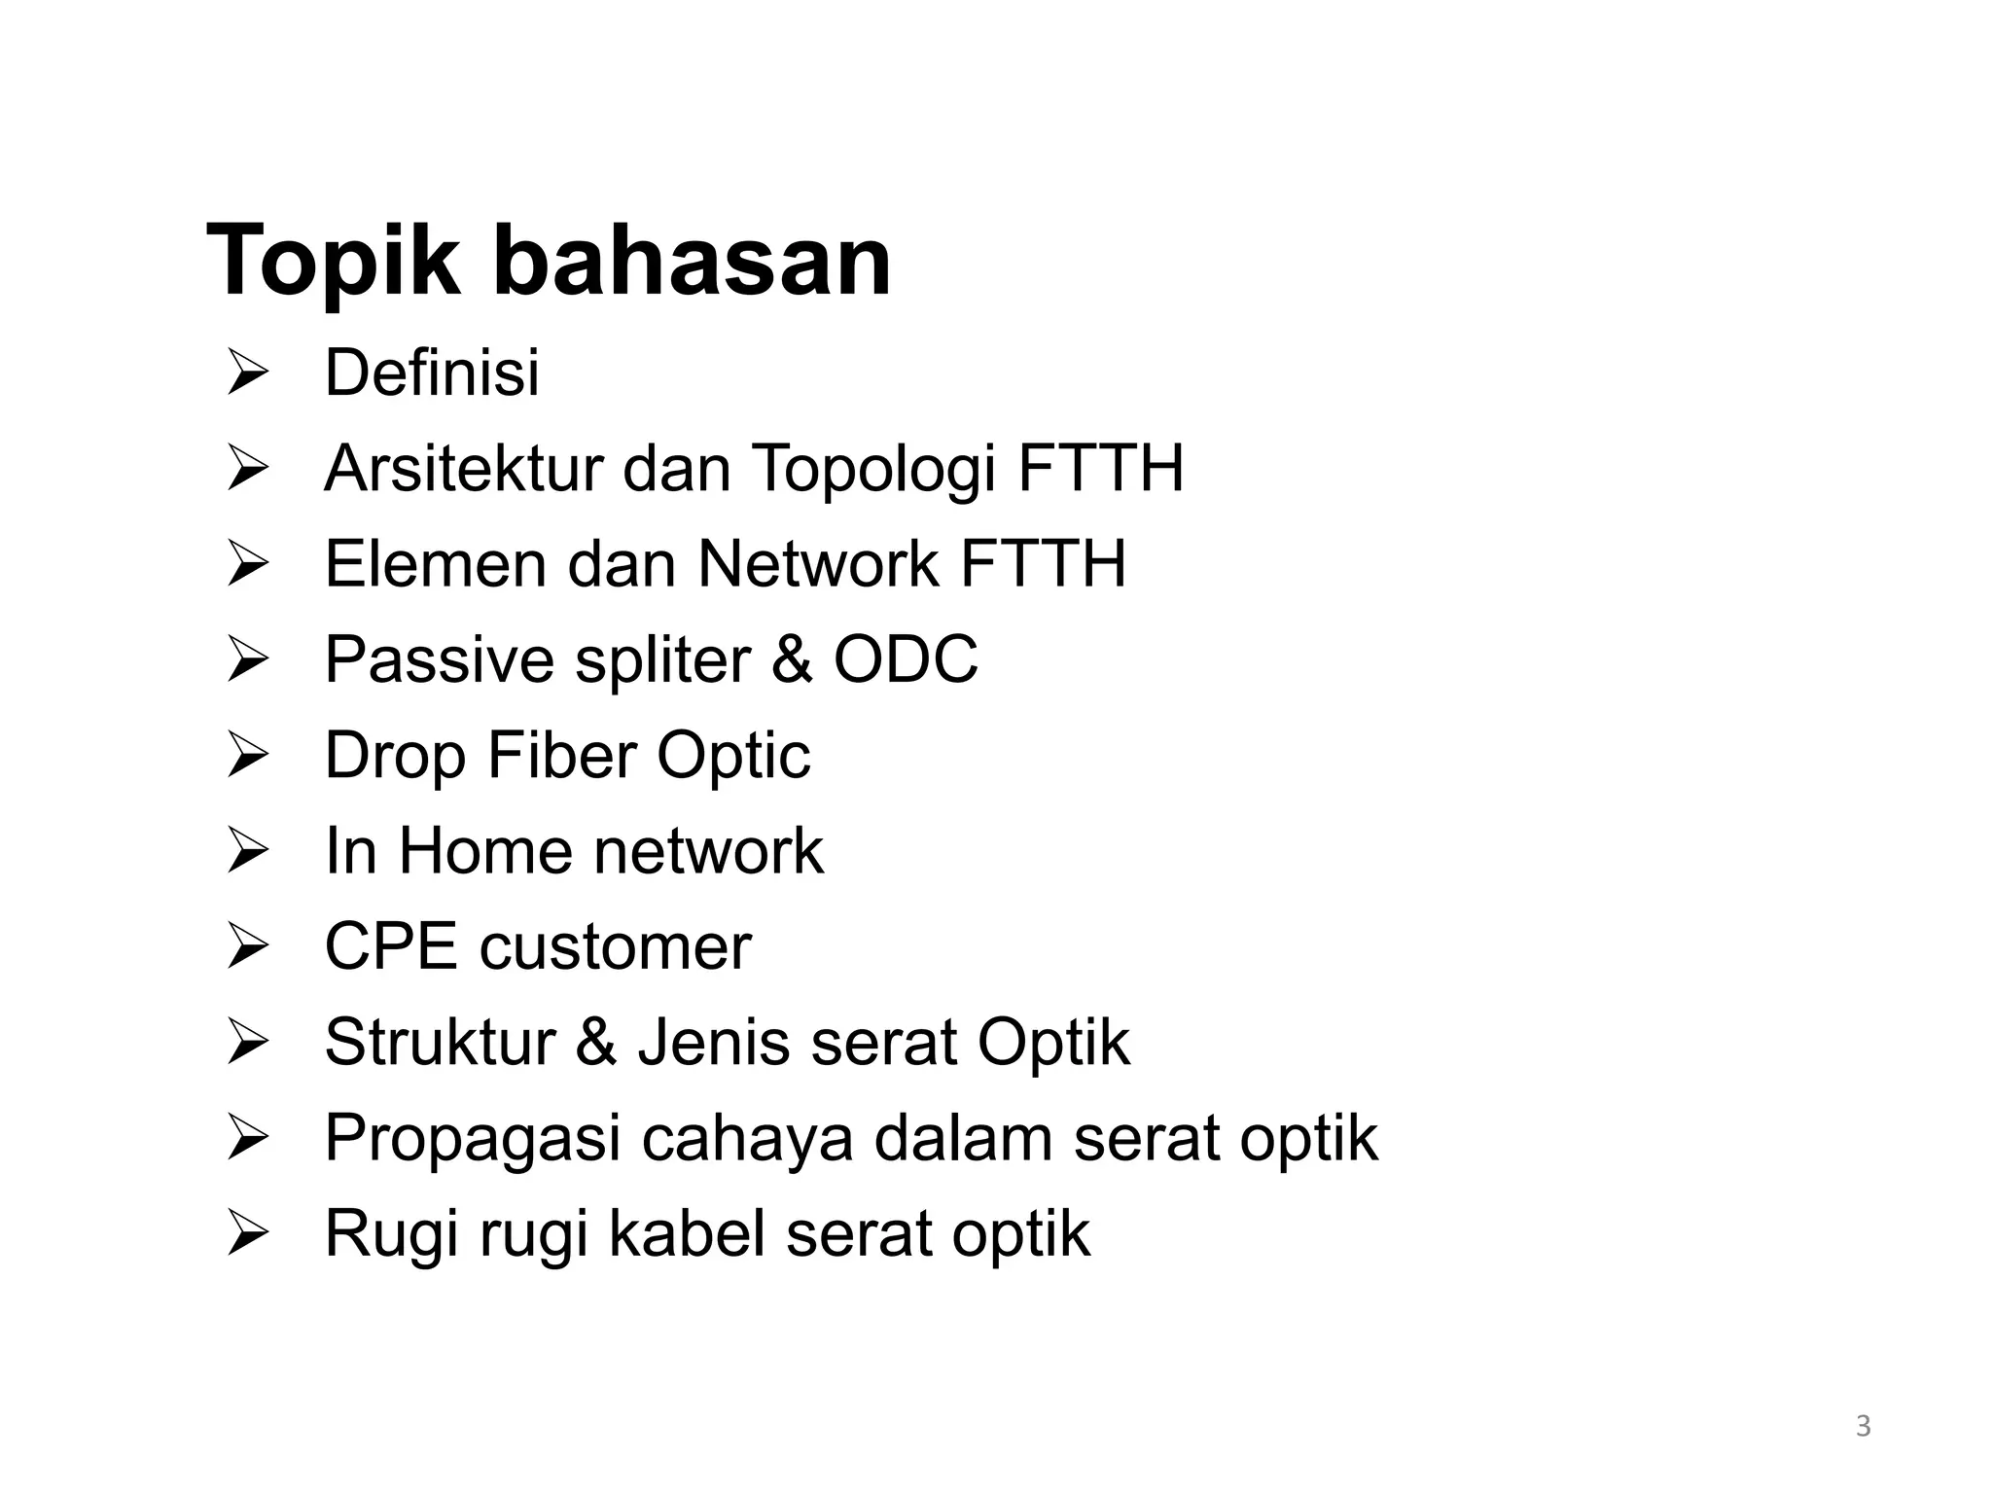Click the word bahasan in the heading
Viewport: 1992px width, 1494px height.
click(x=693, y=261)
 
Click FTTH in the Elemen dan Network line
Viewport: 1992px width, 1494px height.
click(x=1043, y=563)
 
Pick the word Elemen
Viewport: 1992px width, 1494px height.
click(x=436, y=563)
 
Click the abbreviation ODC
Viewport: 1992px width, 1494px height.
click(x=906, y=659)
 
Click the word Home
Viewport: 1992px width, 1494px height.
click(x=485, y=850)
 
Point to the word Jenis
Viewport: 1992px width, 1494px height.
click(x=713, y=1042)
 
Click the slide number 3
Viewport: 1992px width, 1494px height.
click(x=1863, y=1427)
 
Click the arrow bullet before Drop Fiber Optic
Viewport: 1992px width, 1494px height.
click(x=246, y=756)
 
